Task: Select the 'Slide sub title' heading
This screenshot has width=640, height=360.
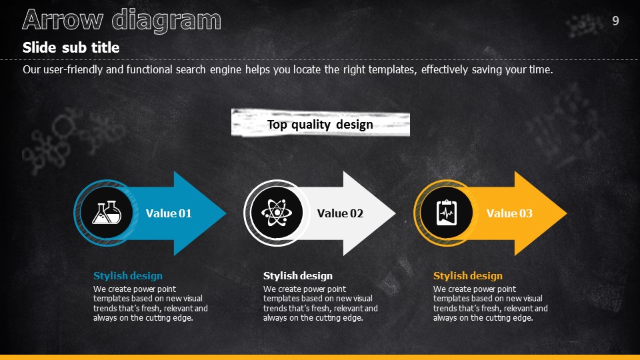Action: pos(71,48)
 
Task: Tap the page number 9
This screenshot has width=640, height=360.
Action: pos(615,21)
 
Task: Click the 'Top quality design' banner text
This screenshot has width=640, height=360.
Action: pos(320,125)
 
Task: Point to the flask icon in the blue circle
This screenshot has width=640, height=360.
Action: pos(107,213)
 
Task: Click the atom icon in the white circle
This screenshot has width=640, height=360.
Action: pos(277,213)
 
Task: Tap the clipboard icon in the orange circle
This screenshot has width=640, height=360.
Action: pos(447,213)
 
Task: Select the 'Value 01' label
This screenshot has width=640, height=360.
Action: pos(169,213)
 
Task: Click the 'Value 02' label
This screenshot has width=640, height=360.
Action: pos(340,213)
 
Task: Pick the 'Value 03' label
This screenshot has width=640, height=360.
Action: pos(509,213)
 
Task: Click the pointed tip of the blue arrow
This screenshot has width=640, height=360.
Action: pos(226,213)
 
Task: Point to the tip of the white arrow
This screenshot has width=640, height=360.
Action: pos(395,213)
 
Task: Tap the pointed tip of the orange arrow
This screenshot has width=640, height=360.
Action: pos(566,213)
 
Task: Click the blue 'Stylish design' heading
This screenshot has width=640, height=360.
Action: pos(128,276)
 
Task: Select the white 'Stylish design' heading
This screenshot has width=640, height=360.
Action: pos(298,276)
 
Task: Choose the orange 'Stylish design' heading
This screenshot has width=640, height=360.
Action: pos(468,276)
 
